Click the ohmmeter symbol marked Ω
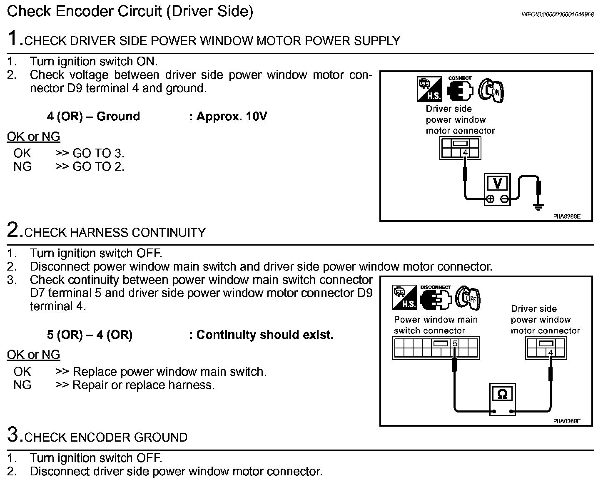(502, 394)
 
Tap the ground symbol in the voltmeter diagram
(538, 206)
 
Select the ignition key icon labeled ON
(491, 90)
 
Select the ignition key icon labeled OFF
(468, 298)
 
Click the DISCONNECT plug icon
(436, 298)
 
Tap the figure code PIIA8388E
(566, 216)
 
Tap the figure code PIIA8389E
(566, 421)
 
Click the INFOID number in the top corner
(558, 14)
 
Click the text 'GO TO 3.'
(99, 153)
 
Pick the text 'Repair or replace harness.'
(144, 385)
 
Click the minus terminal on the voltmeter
(504, 199)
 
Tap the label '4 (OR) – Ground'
(93, 116)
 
